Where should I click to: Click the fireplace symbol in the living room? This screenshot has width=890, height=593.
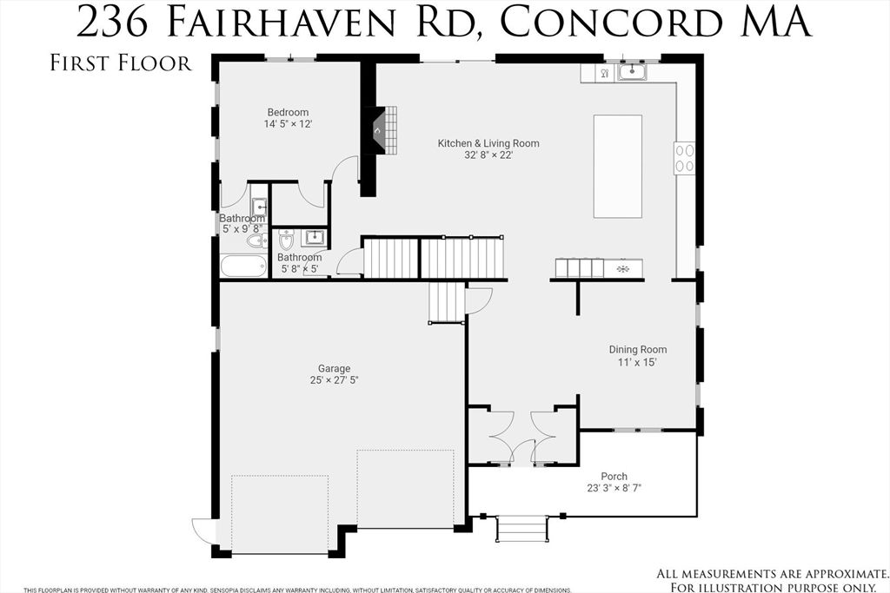(380, 131)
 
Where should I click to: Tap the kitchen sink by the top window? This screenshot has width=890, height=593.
(632, 72)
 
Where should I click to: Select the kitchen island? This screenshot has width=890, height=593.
(617, 166)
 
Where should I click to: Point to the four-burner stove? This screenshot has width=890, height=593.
(685, 158)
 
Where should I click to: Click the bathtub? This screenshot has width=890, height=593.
(243, 265)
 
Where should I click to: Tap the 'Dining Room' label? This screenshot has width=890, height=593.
(637, 350)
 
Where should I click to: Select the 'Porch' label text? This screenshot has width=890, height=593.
(614, 476)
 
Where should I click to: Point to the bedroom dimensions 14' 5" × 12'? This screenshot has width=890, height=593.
(288, 124)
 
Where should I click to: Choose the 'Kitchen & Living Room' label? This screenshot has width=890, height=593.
(488, 143)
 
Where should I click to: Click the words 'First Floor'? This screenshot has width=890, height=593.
(120, 64)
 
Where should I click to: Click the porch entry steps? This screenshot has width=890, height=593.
(521, 528)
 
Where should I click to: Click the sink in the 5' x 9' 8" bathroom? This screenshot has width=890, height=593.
(259, 208)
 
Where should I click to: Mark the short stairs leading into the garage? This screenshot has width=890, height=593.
(447, 301)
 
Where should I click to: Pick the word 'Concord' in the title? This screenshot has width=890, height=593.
(604, 22)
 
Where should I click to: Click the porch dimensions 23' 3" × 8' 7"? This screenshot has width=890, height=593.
(614, 488)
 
